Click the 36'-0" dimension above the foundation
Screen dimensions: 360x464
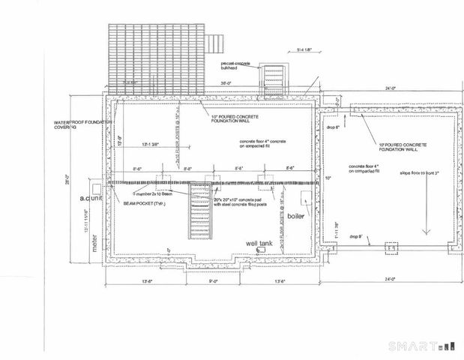[224, 83]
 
